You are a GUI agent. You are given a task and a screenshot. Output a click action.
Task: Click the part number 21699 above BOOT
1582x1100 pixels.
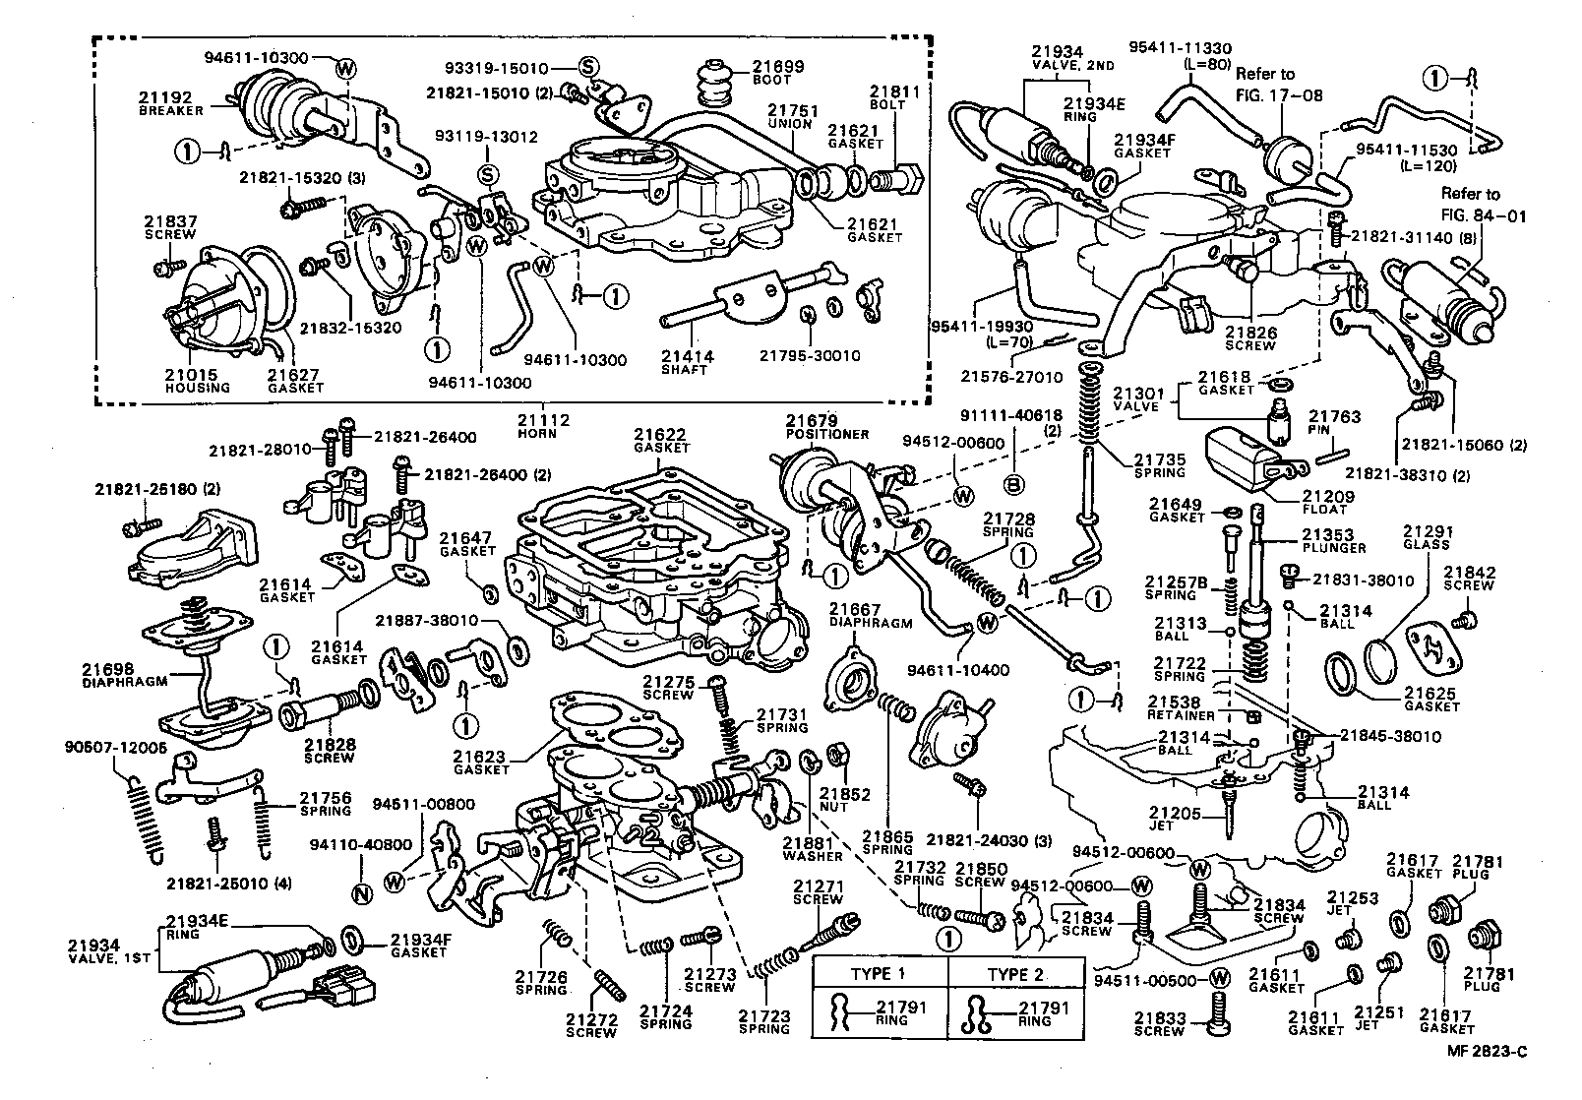(779, 67)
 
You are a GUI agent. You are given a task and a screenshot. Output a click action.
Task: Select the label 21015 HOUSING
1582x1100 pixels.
(198, 380)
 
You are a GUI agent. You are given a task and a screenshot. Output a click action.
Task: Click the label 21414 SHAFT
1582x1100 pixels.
(688, 363)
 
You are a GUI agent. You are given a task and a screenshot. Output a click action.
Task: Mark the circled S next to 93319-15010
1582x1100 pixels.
(587, 67)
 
